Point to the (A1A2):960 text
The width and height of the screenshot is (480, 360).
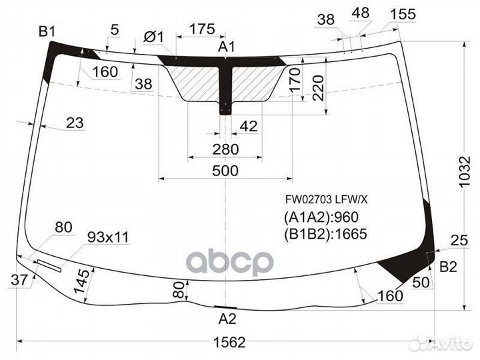[321, 217]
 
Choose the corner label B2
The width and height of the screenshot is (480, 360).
[448, 267]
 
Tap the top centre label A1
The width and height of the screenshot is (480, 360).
[227, 47]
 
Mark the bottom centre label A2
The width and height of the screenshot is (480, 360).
[227, 318]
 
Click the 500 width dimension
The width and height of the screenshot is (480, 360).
[226, 170]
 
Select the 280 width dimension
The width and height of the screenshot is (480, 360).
[226, 149]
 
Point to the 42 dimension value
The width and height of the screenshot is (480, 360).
[247, 126]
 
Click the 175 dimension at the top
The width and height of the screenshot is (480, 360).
[201, 29]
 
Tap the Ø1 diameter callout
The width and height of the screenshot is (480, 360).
[153, 37]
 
